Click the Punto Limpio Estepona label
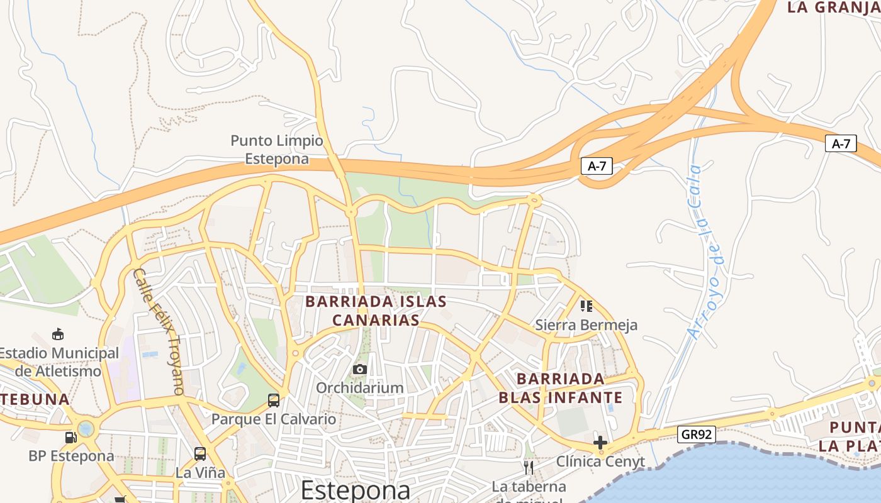276,150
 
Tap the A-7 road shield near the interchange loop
596,166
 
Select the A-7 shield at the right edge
841,143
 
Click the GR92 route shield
697,434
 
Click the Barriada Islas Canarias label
376,311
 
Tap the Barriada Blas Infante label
560,389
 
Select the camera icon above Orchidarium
359,369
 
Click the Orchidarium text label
359,387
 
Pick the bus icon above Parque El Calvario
274,401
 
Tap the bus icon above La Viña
200,454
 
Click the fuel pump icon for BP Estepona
70,437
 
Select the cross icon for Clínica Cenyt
600,443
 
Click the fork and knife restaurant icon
529,467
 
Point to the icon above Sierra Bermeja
586,306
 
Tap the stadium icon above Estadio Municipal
58,334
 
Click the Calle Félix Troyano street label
158,331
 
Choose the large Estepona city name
355,490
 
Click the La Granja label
833,8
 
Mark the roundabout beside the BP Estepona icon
86,429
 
